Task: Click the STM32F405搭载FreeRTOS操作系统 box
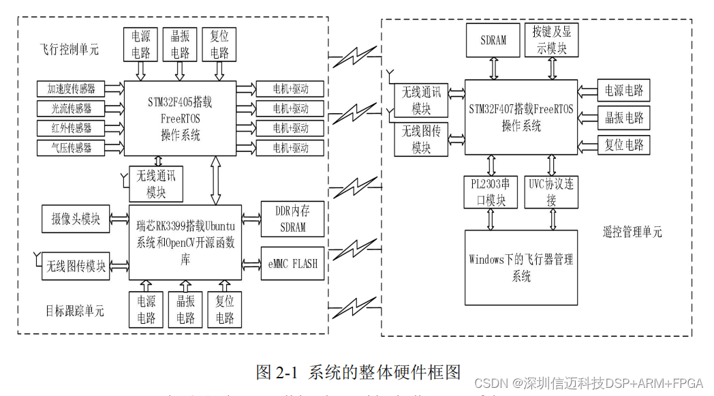180,119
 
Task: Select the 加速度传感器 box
71,89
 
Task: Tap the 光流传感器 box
71,108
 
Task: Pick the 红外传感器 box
71,128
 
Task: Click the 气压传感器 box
71,147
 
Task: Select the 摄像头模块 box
76,219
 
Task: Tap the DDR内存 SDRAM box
292,219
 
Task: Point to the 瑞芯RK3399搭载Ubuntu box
185,242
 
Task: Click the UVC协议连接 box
551,192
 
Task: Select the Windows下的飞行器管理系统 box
521,267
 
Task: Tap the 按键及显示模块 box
552,40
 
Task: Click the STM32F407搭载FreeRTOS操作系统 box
521,117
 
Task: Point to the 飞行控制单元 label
69,49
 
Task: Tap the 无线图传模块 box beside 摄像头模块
76,265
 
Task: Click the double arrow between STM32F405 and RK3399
216,180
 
